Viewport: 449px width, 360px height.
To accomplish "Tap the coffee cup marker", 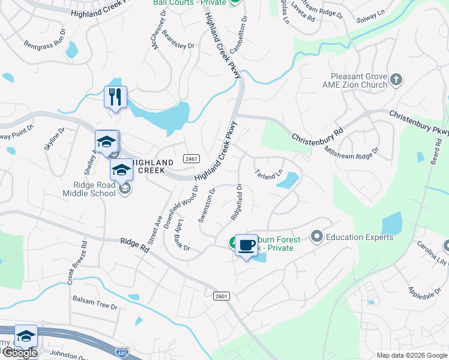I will [x=246, y=245].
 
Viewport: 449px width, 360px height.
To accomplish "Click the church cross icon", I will [x=396, y=79].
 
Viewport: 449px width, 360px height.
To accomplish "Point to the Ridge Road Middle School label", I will [x=90, y=190].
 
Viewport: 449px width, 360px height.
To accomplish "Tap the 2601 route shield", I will [x=221, y=296].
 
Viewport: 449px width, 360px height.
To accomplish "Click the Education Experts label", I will [x=360, y=237].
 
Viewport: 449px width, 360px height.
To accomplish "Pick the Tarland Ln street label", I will [x=269, y=174].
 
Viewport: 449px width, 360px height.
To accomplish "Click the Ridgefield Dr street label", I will [x=235, y=202].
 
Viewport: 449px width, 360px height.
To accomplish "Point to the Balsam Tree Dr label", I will [x=95, y=302].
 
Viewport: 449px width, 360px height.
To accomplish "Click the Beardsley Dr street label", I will [x=178, y=41].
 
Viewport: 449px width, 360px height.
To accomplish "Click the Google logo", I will [x=19, y=353].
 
